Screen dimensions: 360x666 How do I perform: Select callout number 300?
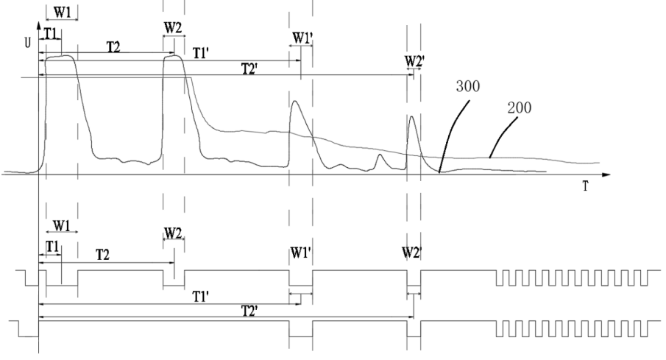[469, 86]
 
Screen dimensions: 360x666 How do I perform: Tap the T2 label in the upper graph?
[115, 46]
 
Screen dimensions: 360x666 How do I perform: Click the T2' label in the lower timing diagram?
[224, 310]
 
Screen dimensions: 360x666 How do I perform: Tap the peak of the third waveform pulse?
[294, 102]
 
